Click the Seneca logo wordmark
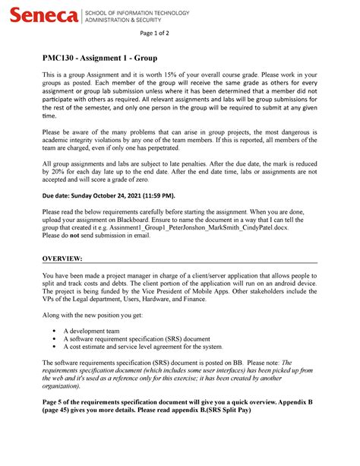[x=43, y=15]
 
